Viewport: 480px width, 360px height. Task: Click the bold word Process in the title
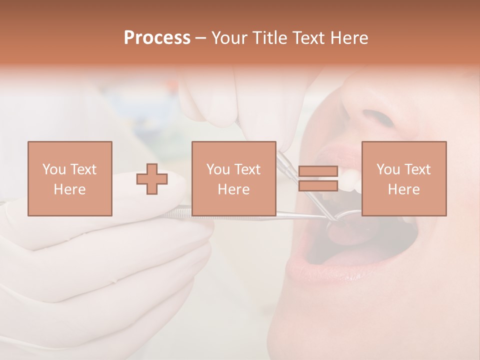coord(157,38)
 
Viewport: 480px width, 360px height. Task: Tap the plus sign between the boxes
coord(152,178)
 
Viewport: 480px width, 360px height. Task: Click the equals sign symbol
coord(318,178)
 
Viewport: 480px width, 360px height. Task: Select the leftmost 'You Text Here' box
coord(70,178)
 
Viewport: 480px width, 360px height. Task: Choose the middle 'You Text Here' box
coord(234,178)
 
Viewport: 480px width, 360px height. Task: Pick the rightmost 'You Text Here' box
coord(404,178)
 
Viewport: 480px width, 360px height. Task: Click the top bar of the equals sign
coord(318,171)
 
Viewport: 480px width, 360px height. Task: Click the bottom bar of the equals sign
coord(318,186)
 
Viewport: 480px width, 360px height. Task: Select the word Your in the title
coord(229,38)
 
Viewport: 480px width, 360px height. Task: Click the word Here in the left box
coord(70,189)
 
